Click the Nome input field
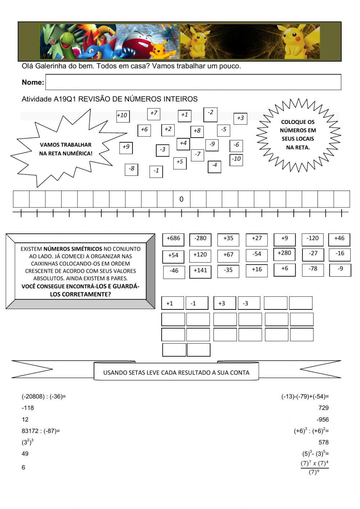(193, 82)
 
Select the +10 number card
(122, 116)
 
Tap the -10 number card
(236, 159)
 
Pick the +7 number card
(154, 113)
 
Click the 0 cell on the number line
(181, 199)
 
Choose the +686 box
(173, 239)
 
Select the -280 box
(200, 239)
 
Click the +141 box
(200, 271)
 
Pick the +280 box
(284, 254)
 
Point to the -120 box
(312, 239)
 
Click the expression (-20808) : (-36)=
(44, 397)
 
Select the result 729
(323, 408)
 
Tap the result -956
(323, 419)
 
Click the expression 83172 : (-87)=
(41, 430)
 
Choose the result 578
(323, 442)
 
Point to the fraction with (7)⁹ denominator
(314, 467)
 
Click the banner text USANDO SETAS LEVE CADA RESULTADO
(176, 372)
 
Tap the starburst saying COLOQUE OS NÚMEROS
(298, 135)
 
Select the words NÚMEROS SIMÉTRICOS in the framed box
(73, 249)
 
